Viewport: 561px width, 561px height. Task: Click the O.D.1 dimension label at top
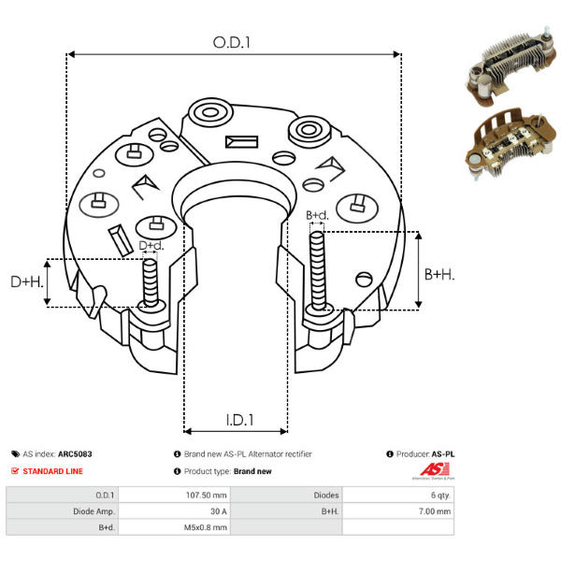(x=234, y=41)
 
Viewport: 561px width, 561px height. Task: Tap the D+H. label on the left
(x=26, y=281)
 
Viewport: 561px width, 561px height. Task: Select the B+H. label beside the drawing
(x=439, y=274)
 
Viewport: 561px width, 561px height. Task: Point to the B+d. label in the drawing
(x=317, y=216)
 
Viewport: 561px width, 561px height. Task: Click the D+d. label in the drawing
(x=151, y=246)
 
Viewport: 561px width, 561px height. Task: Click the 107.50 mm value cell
(x=208, y=496)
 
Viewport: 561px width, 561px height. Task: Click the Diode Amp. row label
(x=93, y=511)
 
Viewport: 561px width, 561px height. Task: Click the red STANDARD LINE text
(x=52, y=471)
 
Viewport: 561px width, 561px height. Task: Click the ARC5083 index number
(x=75, y=454)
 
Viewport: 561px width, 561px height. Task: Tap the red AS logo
(x=433, y=470)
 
